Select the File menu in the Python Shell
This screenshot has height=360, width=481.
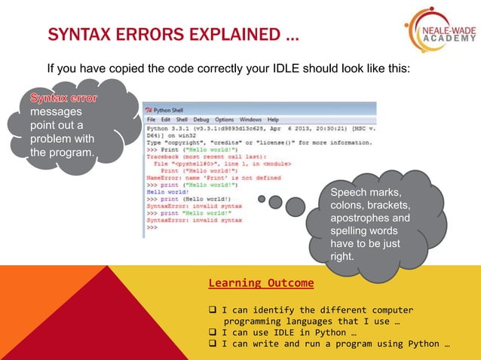151,120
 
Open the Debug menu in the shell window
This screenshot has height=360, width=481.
201,120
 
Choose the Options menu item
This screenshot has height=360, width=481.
224,120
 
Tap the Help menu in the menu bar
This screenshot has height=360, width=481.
272,120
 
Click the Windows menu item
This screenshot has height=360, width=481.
250,120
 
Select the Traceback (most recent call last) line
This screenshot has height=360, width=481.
196,156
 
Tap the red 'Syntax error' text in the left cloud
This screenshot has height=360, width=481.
63,98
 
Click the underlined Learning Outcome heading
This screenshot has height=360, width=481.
261,283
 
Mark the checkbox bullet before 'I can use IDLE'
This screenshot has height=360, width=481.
213,332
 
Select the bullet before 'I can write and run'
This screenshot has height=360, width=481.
213,344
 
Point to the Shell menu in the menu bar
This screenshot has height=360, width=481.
182,120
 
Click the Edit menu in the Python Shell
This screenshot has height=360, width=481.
165,120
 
